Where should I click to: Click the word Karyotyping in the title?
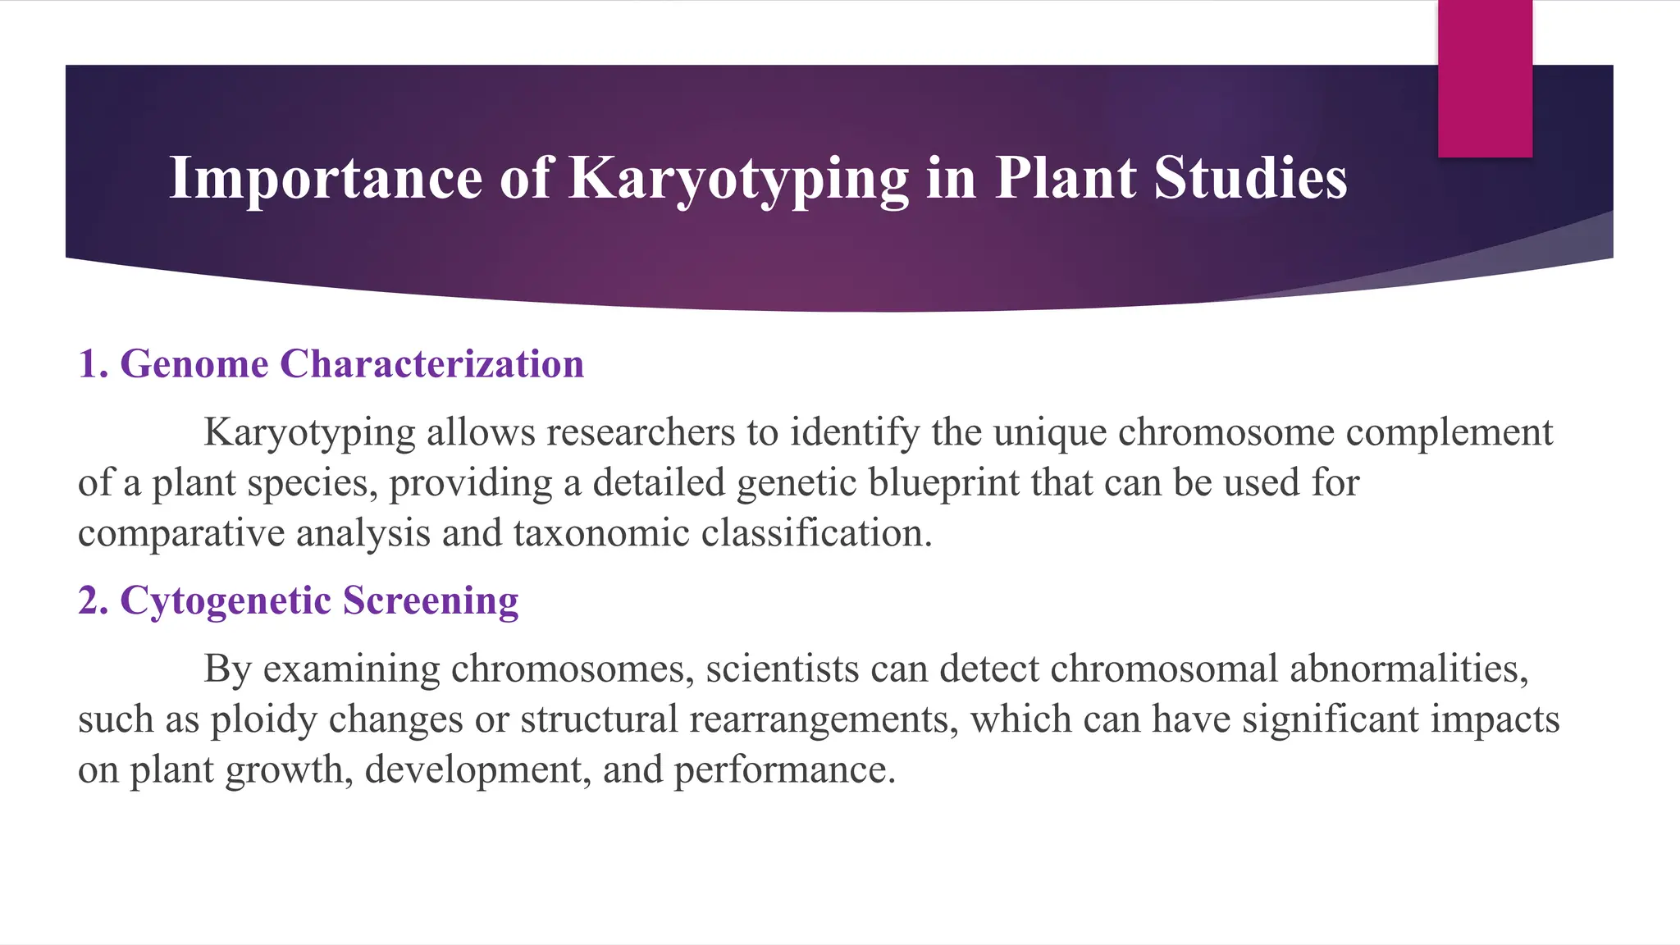[x=738, y=178]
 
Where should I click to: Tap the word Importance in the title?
[x=326, y=178]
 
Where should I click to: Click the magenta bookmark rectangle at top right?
[x=1485, y=78]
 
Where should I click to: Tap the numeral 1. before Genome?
[x=93, y=363]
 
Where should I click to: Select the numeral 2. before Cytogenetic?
[x=93, y=600]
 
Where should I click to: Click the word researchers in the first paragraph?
[x=641, y=432]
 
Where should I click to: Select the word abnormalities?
[x=1408, y=669]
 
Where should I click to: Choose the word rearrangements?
[x=824, y=719]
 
